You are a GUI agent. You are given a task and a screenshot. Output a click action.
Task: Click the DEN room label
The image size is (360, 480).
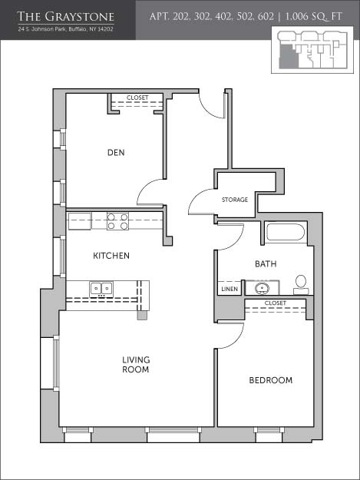click(116, 152)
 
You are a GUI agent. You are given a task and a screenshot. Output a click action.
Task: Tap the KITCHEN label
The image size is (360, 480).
click(111, 255)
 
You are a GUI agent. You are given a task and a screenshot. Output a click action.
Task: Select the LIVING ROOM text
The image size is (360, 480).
click(136, 364)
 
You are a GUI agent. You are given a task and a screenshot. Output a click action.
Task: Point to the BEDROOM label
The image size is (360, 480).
click(271, 380)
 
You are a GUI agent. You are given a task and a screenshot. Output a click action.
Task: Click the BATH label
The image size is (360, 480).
click(266, 263)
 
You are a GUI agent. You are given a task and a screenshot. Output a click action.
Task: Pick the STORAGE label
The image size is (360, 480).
click(235, 200)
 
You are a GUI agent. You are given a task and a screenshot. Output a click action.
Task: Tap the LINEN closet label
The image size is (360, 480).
click(230, 289)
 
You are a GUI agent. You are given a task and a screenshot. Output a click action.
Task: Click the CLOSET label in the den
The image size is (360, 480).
click(137, 98)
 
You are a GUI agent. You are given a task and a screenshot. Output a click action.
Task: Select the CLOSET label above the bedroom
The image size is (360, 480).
click(276, 303)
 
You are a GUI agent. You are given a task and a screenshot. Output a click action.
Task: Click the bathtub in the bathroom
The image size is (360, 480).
click(286, 233)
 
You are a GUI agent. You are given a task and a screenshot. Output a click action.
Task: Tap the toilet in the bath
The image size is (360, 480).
click(301, 285)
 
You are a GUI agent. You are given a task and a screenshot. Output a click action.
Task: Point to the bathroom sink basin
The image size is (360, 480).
click(262, 288)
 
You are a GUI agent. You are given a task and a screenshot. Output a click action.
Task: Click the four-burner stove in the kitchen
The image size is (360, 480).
click(117, 221)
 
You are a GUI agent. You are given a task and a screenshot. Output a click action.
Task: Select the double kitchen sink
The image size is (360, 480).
click(101, 289)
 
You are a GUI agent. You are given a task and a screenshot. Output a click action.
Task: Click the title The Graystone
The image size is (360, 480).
click(66, 17)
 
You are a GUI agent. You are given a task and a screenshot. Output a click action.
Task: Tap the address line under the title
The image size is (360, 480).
click(66, 29)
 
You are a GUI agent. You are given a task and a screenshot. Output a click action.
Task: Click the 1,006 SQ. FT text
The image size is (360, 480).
click(313, 16)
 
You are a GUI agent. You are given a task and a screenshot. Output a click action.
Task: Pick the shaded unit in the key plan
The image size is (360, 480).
click(288, 58)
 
